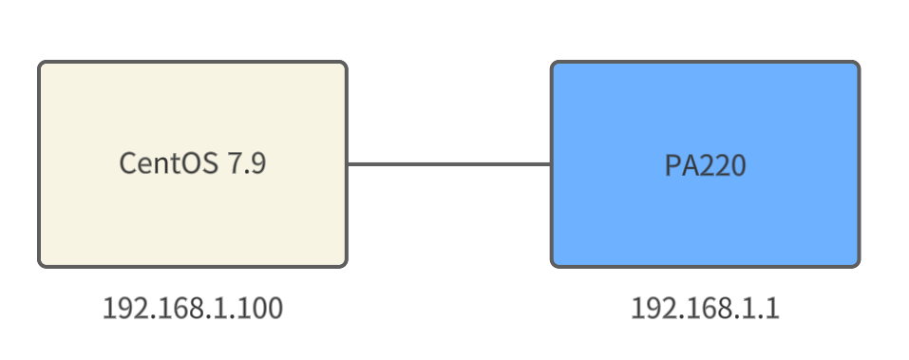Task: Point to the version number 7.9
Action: point(246,163)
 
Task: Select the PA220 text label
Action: point(705,164)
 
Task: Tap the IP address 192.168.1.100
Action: point(193,309)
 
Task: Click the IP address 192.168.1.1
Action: point(705,309)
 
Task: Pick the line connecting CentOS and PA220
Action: point(448,164)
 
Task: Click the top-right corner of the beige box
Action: point(344,65)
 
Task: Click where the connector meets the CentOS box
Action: point(347,164)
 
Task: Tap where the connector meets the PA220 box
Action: point(552,164)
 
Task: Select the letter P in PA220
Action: point(672,164)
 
